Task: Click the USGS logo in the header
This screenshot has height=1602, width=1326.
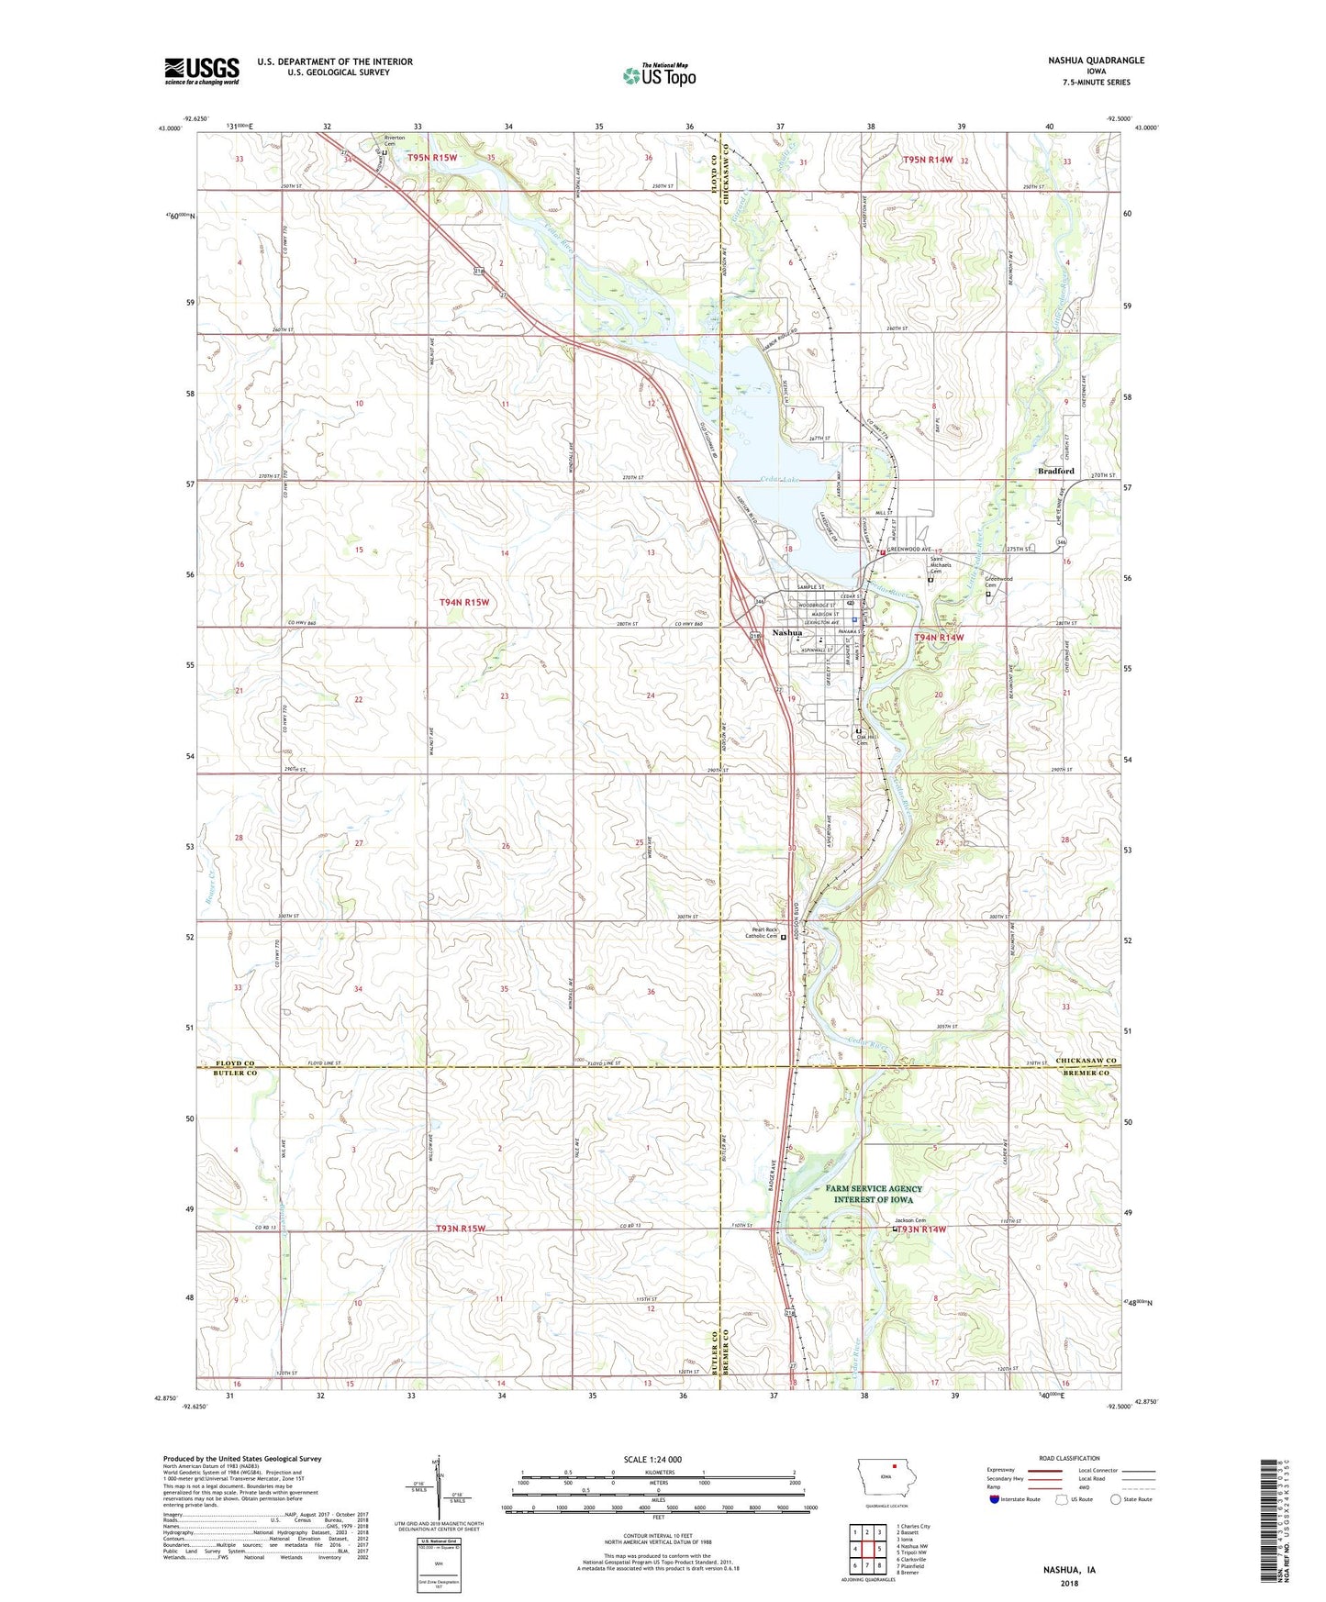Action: pos(202,71)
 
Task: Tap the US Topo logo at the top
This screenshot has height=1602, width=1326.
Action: pos(659,75)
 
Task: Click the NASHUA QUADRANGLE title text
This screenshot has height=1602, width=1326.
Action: pos(1096,61)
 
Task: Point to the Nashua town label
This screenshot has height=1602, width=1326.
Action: pos(787,633)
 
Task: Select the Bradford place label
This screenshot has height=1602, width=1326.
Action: pos(1055,471)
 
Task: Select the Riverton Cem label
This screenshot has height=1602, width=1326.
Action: pos(395,142)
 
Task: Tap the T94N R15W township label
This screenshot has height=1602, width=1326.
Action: pos(464,602)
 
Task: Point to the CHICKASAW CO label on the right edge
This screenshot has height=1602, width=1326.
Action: pos(1085,1062)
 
